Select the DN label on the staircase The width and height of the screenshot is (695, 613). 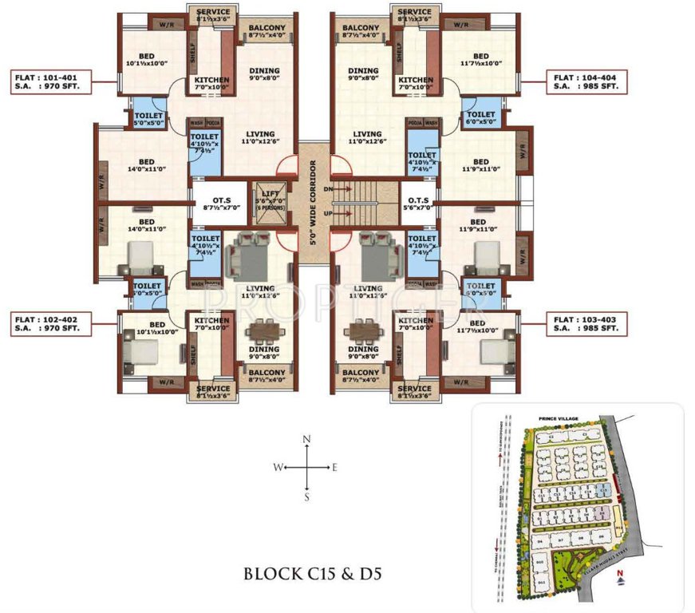pyautogui.click(x=340, y=188)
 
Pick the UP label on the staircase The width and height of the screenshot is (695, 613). pyautogui.click(x=340, y=214)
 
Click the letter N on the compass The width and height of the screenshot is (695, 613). pyautogui.click(x=307, y=440)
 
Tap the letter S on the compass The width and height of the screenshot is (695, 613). pyautogui.click(x=307, y=496)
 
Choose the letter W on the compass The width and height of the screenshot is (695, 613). pyautogui.click(x=277, y=469)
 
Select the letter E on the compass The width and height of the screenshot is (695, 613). pyautogui.click(x=335, y=469)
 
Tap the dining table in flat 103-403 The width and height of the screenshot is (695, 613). pyautogui.click(x=363, y=331)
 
